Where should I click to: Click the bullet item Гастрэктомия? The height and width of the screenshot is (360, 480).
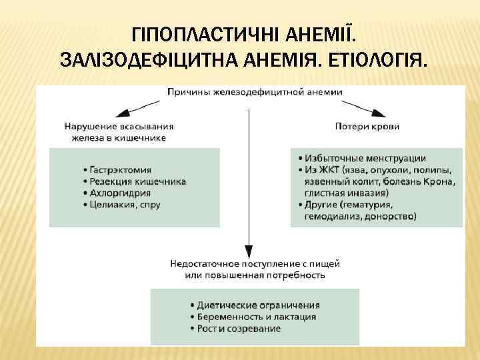point(121,170)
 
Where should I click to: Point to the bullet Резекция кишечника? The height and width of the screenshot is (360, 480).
point(137,181)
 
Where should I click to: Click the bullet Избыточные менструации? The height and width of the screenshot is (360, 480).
point(369,158)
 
